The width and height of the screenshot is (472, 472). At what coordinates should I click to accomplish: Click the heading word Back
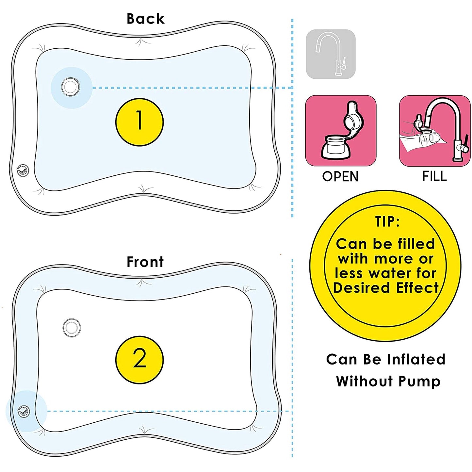[145, 19]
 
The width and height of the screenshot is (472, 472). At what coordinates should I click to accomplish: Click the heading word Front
[145, 262]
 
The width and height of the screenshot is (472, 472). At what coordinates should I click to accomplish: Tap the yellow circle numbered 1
[139, 122]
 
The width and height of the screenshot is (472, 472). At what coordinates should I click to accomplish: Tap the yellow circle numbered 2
[139, 359]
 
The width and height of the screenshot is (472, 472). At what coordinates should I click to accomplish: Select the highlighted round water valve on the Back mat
[71, 87]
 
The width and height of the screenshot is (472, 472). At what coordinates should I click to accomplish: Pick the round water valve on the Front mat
[72, 327]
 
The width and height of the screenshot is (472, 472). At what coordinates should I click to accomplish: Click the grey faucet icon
[331, 54]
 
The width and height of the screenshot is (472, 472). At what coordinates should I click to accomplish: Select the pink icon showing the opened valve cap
[340, 131]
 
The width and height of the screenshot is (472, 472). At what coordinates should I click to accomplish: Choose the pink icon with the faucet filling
[434, 131]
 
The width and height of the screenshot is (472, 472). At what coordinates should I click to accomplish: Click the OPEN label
[340, 177]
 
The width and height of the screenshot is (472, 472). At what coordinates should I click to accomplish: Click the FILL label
[434, 176]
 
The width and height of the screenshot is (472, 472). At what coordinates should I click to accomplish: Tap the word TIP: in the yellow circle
[387, 222]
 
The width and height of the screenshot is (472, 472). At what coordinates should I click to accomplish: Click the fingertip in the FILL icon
[431, 137]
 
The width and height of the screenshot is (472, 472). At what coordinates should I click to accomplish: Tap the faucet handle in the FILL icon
[465, 144]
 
